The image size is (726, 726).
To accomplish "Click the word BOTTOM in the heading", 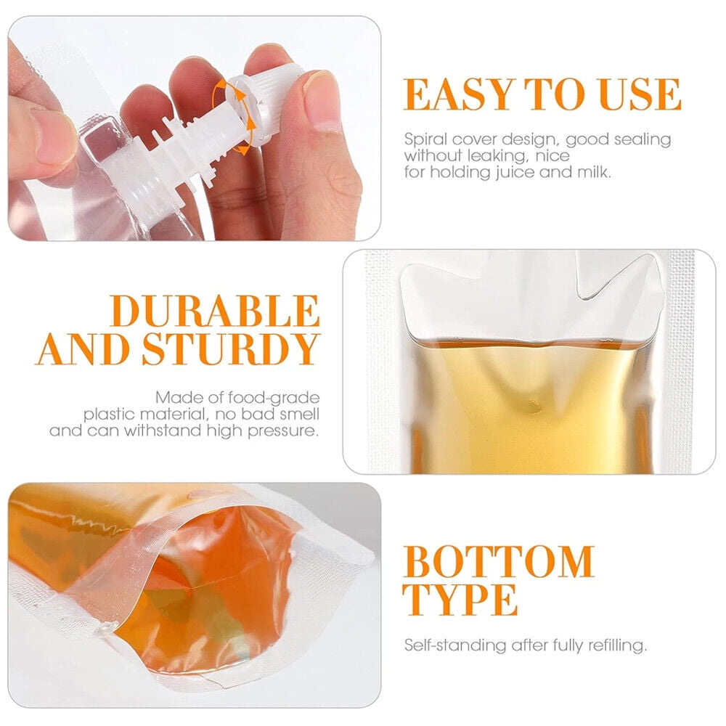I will point(499,562).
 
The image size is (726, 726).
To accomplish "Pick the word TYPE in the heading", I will point(460,600).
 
